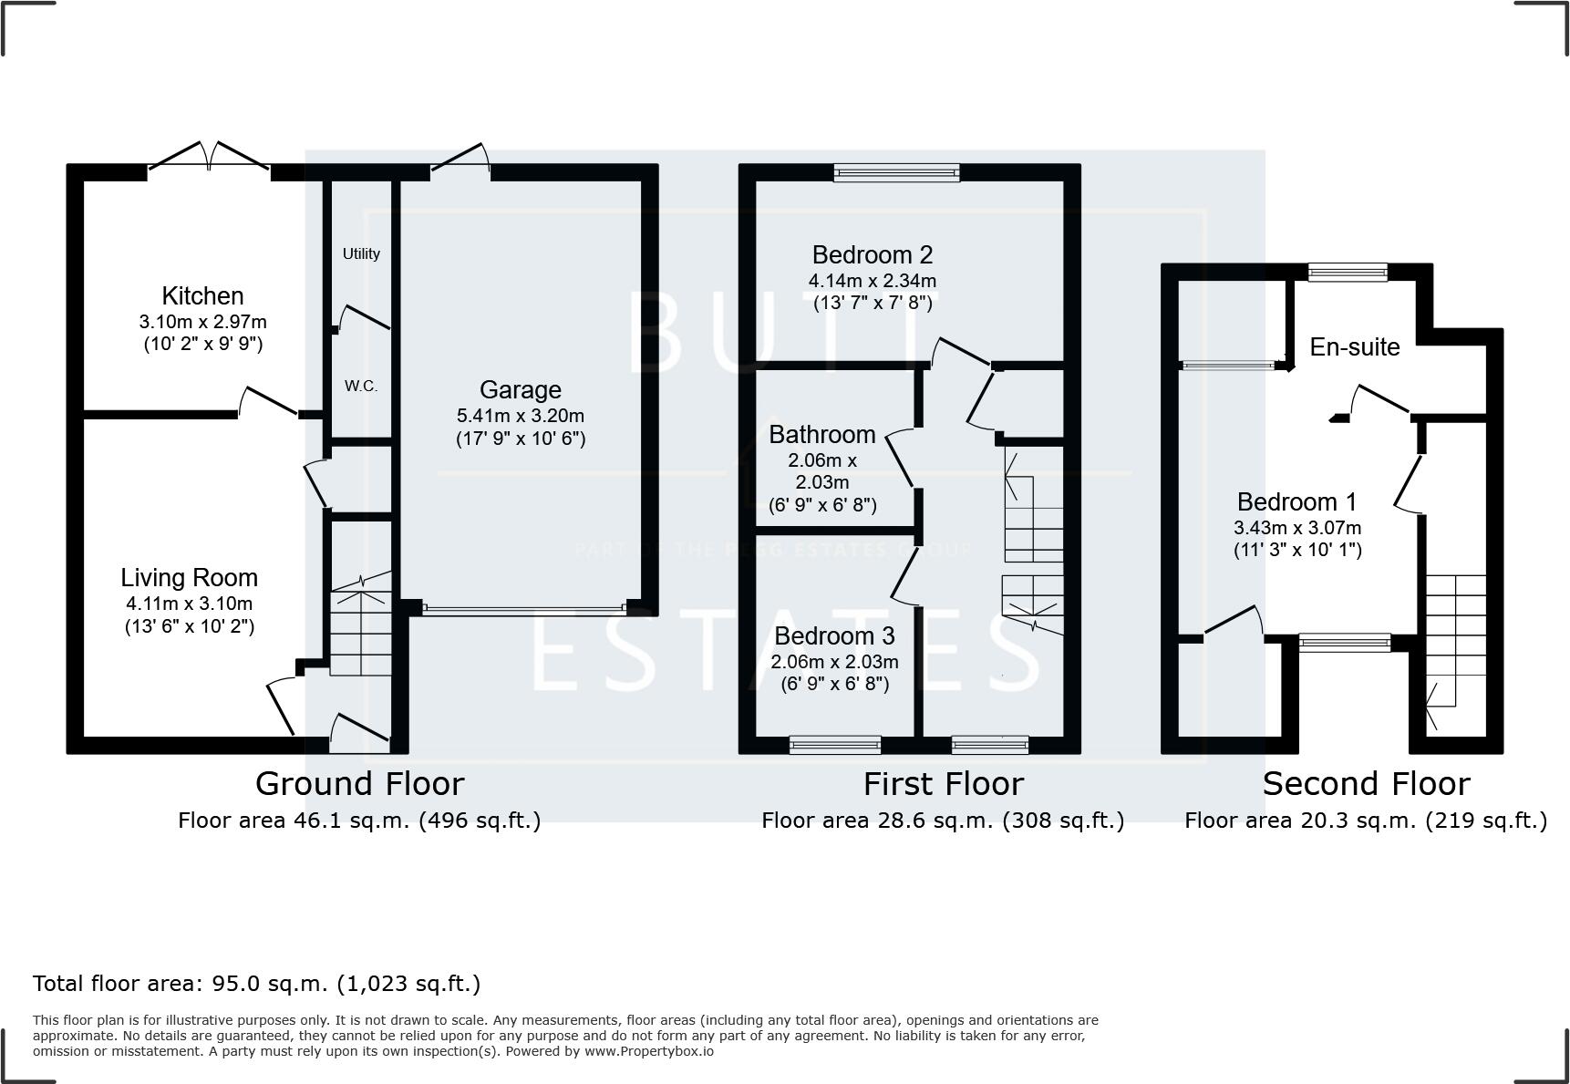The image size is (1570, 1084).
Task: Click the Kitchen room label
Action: [x=202, y=296]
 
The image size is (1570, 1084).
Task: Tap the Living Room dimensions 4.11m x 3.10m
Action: [x=190, y=604]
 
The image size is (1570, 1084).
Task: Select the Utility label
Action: [x=361, y=254]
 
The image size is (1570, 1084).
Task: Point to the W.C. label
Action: [x=361, y=387]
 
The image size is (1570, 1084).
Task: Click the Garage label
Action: [x=520, y=390]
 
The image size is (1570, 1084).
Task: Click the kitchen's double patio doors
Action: [x=210, y=158]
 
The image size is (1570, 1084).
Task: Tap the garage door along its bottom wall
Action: [x=523, y=609]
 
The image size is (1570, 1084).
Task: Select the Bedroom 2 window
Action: [x=897, y=171]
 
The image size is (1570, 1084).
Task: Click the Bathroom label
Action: [x=821, y=435]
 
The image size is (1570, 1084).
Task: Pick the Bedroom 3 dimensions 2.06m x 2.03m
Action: [x=834, y=662]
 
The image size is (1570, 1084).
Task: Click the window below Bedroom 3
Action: [x=835, y=745]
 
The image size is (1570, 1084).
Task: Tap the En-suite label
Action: [x=1354, y=347]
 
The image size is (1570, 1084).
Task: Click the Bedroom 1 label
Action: [x=1296, y=502]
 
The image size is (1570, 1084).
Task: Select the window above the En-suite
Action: [x=1347, y=271]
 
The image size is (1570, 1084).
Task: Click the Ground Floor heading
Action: [x=359, y=784]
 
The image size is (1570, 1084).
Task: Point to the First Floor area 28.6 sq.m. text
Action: [x=943, y=821]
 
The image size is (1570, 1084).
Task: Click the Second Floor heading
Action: [x=1366, y=784]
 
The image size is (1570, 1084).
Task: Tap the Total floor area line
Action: [x=256, y=984]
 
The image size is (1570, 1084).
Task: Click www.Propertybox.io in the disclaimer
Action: [x=649, y=1051]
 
